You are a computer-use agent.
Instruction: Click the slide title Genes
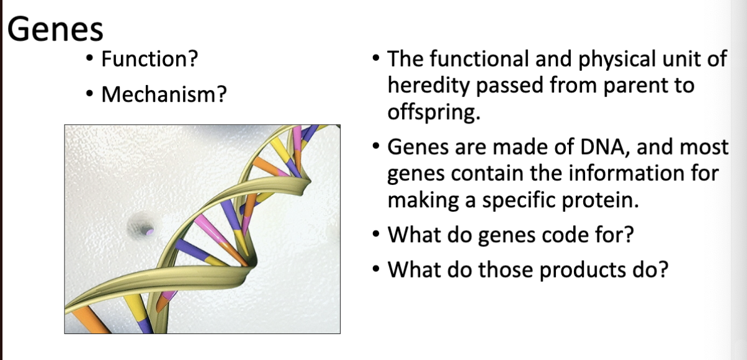point(55,29)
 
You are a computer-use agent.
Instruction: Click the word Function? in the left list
point(149,60)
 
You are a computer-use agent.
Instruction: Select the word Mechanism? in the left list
point(164,95)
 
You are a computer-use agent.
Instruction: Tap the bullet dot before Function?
point(91,60)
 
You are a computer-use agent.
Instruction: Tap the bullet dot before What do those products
point(377,271)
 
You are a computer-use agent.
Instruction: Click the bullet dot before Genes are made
point(377,148)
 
